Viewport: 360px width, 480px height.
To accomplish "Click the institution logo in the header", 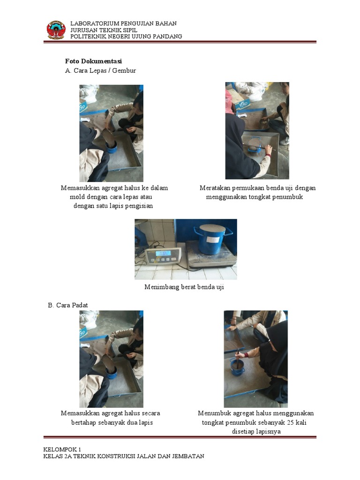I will pyautogui.click(x=56, y=30).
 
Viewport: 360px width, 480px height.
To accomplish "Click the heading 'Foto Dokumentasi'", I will pyautogui.click(x=93, y=61).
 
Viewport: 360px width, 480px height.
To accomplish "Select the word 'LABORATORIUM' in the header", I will pyautogui.click(x=93, y=23).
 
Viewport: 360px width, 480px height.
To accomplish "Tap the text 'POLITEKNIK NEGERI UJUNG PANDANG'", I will pyautogui.click(x=126, y=37).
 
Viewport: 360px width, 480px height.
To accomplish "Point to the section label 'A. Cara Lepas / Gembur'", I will pyautogui.click(x=100, y=71).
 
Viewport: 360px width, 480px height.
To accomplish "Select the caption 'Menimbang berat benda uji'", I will pyautogui.click(x=184, y=287).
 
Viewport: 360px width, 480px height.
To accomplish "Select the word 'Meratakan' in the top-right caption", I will pyautogui.click(x=215, y=188).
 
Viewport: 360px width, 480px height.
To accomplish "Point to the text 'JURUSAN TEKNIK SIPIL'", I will pyautogui.click(x=104, y=30).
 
